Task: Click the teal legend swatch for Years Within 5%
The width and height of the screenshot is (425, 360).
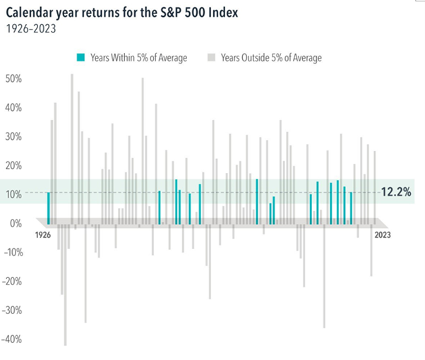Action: click(81, 57)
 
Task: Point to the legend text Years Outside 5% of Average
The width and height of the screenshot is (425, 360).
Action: click(271, 57)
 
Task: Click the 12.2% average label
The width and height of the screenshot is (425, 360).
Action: click(396, 191)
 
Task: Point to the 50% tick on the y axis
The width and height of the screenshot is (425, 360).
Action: click(13, 78)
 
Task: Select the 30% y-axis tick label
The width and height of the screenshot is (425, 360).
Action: click(13, 136)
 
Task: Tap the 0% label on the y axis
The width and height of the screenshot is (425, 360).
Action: click(16, 223)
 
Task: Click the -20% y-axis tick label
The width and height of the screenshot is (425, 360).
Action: click(13, 281)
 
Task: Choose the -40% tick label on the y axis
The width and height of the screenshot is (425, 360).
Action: click(13, 339)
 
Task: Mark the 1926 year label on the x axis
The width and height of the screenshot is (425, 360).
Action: click(44, 234)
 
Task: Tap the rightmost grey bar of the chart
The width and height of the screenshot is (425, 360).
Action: click(374, 188)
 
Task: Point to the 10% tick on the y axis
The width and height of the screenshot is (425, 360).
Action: click(13, 194)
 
